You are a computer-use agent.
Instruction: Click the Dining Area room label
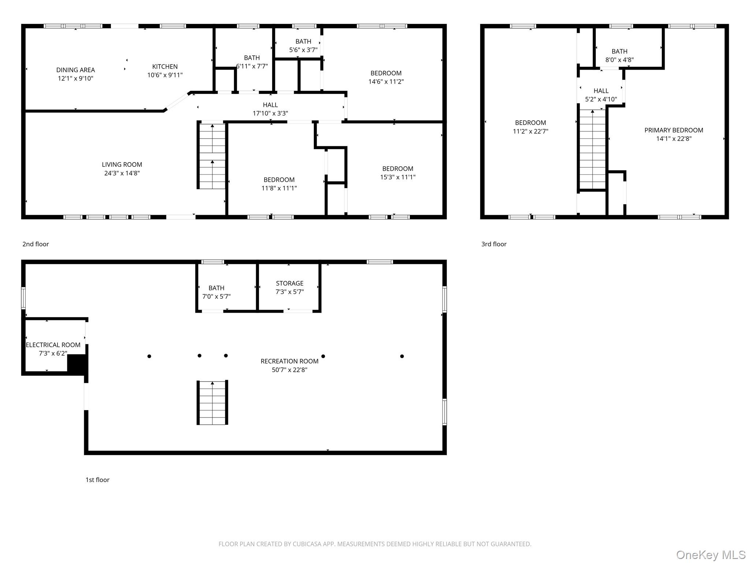point(75,70)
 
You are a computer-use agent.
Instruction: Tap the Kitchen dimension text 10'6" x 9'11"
point(165,75)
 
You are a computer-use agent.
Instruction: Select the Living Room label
point(122,165)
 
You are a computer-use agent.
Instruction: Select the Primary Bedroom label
point(674,130)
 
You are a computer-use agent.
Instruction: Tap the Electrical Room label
point(53,345)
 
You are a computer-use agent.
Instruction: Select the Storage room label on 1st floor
point(290,283)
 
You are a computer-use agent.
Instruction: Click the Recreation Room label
point(289,361)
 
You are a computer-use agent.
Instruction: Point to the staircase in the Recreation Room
point(212,402)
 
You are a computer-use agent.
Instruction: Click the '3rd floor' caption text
point(494,244)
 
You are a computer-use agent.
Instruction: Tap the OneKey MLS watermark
point(710,555)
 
